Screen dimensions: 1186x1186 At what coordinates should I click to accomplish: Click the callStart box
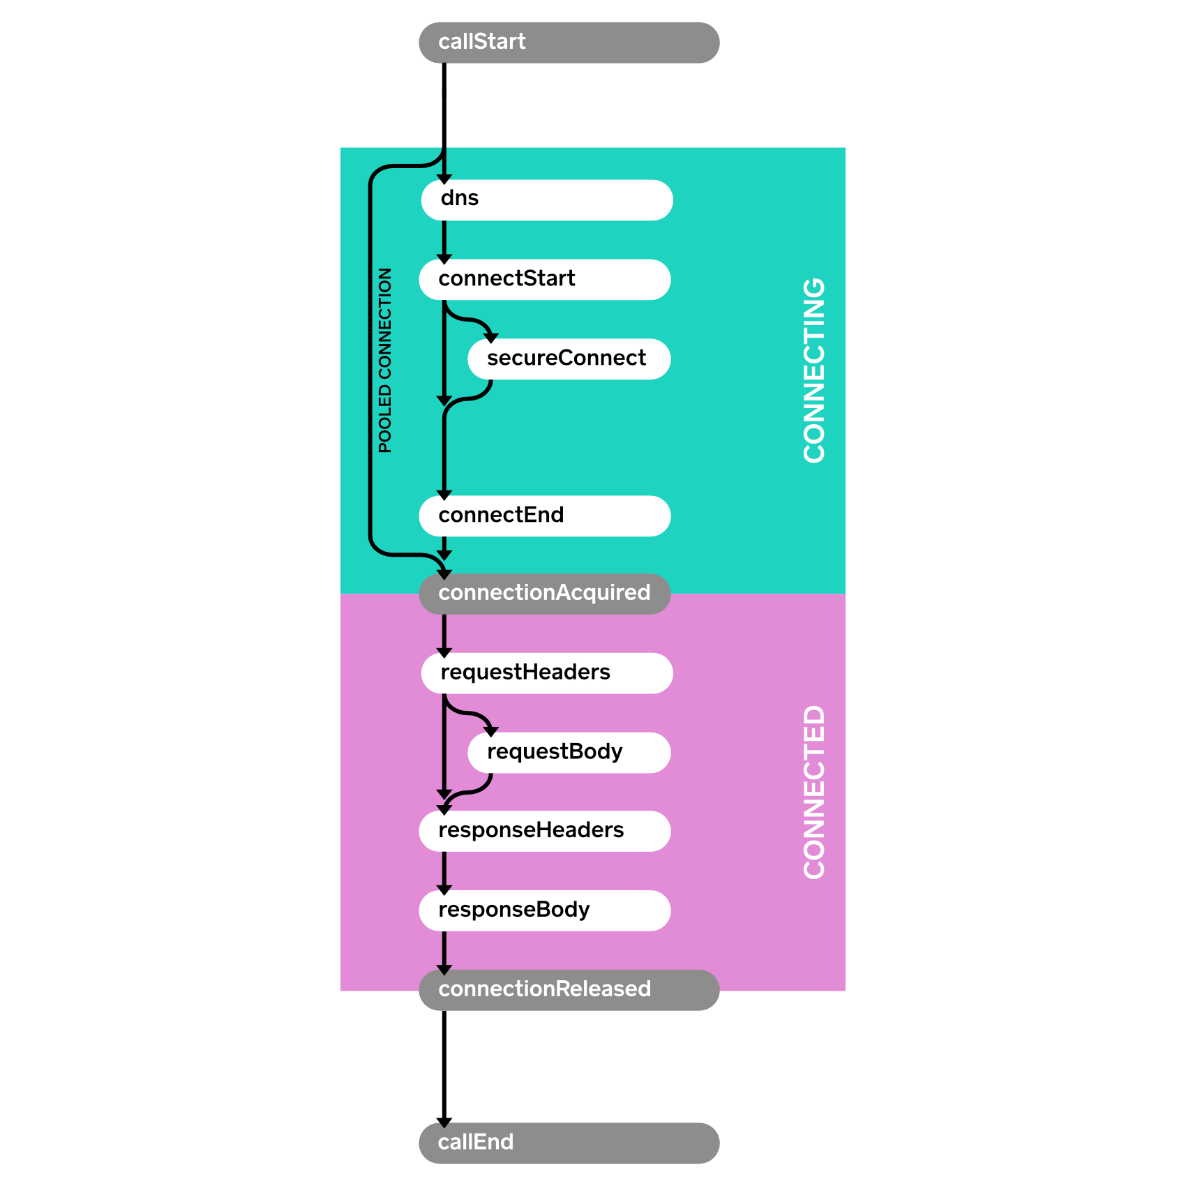(x=569, y=43)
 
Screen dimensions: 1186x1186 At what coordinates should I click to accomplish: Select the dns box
(x=546, y=200)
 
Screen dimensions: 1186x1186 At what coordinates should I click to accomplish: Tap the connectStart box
(x=544, y=280)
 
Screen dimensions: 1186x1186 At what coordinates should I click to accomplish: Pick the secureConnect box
(x=569, y=359)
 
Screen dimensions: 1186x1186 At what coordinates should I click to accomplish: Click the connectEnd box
(x=544, y=516)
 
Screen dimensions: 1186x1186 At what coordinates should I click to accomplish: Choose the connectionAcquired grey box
(x=544, y=594)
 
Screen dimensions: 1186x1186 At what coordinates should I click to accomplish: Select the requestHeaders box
(x=546, y=673)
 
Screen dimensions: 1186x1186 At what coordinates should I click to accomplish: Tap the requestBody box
(x=569, y=753)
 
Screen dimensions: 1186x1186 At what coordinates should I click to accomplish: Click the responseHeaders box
(x=544, y=831)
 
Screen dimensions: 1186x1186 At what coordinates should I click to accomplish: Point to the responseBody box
(x=544, y=910)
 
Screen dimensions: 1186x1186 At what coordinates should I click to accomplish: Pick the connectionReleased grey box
(x=569, y=990)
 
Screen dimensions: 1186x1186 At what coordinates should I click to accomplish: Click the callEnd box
(x=569, y=1143)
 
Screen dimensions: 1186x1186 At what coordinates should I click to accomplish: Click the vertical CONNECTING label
(x=813, y=370)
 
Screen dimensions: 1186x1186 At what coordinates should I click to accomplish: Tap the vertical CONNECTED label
(x=813, y=792)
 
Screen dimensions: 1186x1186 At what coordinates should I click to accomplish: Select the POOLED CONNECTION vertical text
(x=385, y=360)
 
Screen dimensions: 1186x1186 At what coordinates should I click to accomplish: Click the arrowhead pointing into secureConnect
(x=491, y=338)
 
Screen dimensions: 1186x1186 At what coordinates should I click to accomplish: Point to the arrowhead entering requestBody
(x=491, y=731)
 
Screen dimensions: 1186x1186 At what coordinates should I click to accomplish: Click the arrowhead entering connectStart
(x=444, y=259)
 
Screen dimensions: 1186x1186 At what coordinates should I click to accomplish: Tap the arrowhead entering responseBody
(x=444, y=890)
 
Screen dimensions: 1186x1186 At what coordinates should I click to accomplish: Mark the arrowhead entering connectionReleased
(x=444, y=970)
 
